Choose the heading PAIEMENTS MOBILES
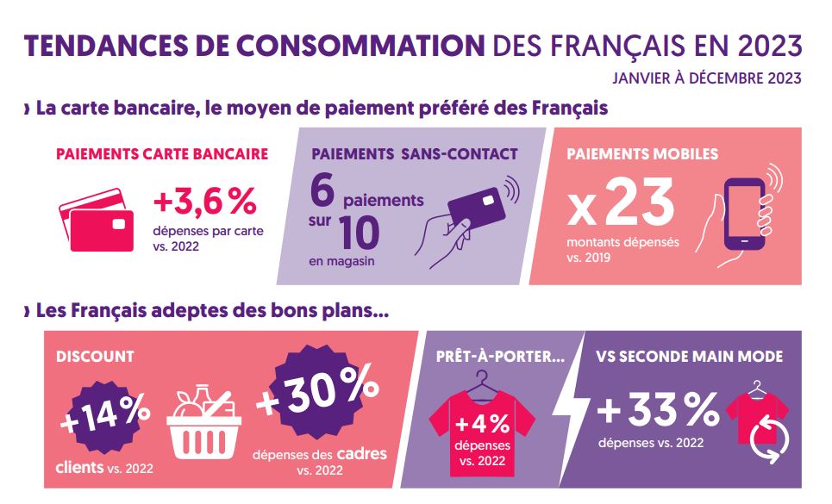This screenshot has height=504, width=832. coord(642,154)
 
